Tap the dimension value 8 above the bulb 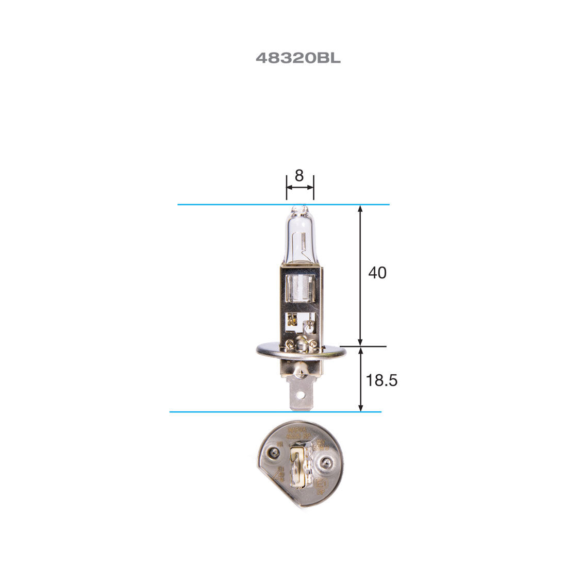coord(299,176)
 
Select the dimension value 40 coord(377,273)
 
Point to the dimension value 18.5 coord(382,381)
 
